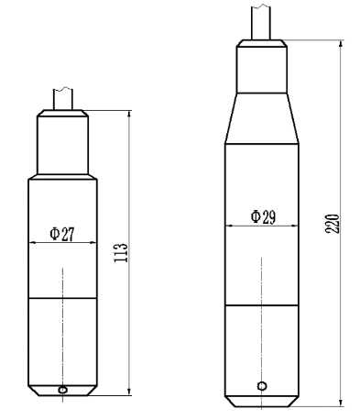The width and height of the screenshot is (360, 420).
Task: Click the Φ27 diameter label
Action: (x=62, y=234)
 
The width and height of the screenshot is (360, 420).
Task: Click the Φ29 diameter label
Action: (x=263, y=217)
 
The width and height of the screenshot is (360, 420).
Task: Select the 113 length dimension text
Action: (x=121, y=252)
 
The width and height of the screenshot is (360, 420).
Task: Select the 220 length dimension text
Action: (x=333, y=224)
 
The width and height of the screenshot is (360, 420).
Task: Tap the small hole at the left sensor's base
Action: (x=62, y=390)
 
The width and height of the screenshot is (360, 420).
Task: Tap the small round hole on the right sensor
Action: (x=262, y=386)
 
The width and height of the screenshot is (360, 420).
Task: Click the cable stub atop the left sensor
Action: (x=63, y=99)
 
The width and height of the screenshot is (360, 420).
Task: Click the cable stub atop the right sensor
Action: (x=261, y=21)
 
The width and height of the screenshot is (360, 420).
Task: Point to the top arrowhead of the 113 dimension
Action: (x=129, y=114)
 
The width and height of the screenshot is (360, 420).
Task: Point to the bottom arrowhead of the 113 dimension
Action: (x=129, y=392)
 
